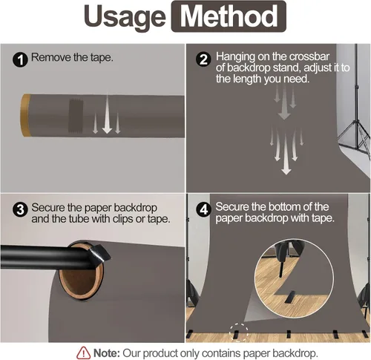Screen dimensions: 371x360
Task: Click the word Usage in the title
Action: pyautogui.click(x=125, y=17)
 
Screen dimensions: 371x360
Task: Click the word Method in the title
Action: pyautogui.click(x=229, y=16)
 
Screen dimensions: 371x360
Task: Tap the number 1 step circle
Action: pyautogui.click(x=20, y=59)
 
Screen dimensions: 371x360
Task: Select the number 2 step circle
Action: pyautogui.click(x=203, y=59)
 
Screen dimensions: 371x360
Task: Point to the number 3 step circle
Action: pyautogui.click(x=20, y=209)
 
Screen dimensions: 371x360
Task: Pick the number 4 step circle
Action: pyautogui.click(x=203, y=209)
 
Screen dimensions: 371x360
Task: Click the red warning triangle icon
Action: pyautogui.click(x=83, y=353)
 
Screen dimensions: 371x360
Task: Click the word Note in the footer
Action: pyautogui.click(x=106, y=353)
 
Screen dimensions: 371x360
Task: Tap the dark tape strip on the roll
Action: pyautogui.click(x=76, y=116)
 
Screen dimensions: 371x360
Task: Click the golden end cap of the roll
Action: pyautogui.click(x=25, y=115)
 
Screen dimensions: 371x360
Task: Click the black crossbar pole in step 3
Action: pyautogui.click(x=45, y=258)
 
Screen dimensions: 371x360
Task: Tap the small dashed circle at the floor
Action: pyautogui.click(x=238, y=333)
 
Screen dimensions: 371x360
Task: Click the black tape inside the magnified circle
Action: pyautogui.click(x=289, y=297)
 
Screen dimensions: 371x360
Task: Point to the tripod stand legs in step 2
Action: pyautogui.click(x=355, y=139)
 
